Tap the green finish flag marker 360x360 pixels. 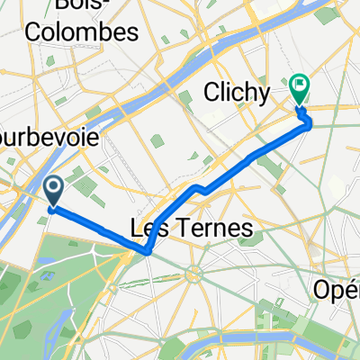[x=299, y=87]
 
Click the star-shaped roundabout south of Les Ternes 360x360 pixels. [x=193, y=272]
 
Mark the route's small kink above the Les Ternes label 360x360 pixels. [x=199, y=189]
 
